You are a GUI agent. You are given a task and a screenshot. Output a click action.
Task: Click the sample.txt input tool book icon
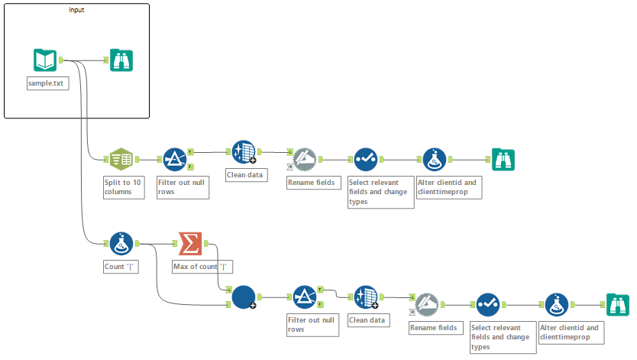45,60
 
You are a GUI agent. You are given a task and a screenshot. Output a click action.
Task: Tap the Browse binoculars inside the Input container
121,60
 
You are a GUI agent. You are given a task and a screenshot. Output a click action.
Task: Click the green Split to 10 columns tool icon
121,159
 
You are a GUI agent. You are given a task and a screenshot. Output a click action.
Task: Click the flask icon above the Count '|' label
121,244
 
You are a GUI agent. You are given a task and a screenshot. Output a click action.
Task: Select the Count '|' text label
121,268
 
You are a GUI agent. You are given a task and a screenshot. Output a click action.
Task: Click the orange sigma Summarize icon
189,244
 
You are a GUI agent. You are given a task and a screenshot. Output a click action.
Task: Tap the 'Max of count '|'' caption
202,267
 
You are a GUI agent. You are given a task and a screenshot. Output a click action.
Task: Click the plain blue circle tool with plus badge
243,297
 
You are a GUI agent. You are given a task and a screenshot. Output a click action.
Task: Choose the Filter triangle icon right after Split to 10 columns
174,159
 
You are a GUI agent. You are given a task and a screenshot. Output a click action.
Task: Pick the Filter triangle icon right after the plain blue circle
304,297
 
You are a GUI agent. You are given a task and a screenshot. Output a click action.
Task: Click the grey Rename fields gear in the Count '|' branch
425,304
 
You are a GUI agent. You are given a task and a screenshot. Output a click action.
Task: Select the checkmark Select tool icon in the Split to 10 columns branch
365,159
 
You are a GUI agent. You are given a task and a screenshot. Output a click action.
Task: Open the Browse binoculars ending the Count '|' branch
617,304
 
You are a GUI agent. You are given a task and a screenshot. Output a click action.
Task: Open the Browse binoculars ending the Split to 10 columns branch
503,159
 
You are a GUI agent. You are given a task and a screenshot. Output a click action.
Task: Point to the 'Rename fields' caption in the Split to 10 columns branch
311,183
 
